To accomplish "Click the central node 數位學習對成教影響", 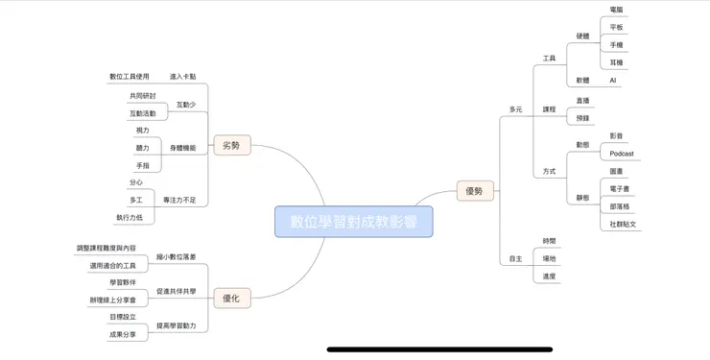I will point(353,222).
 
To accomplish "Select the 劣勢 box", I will point(231,146).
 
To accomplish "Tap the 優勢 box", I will point(475,191).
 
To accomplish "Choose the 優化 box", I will point(231,299).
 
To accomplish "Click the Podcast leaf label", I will point(622,154).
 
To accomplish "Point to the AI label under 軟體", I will point(615,81).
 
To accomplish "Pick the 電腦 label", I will point(616,10).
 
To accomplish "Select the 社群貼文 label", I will point(624,224).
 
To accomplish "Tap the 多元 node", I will point(516,109).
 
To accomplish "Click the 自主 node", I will point(516,258).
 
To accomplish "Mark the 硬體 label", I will point(583,36).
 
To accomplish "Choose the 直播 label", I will point(582,101).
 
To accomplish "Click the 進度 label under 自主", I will point(549,276).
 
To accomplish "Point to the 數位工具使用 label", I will point(130,76).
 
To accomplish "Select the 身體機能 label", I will point(183,148).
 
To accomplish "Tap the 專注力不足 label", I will point(179,200).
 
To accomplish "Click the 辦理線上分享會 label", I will point(118,300).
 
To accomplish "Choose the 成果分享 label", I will point(123,334).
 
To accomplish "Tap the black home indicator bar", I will point(439,349).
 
